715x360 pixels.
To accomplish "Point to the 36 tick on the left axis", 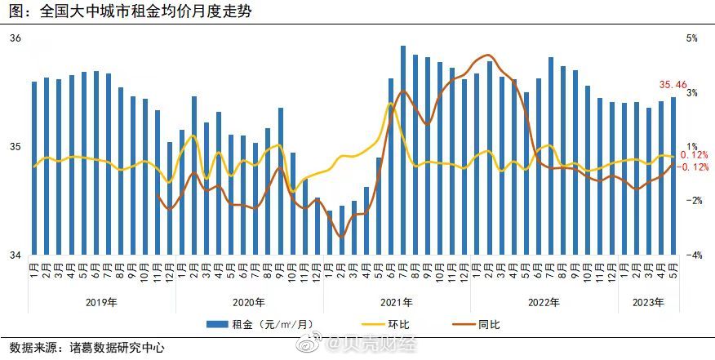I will (16, 38).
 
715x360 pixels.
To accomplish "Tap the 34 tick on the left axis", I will (16, 256).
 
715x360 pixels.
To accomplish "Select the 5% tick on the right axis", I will (691, 38).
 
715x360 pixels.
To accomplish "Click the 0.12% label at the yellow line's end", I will (694, 155).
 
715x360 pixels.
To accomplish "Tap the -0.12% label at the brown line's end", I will (692, 167).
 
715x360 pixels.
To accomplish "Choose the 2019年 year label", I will (101, 302).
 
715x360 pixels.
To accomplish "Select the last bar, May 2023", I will (673, 176).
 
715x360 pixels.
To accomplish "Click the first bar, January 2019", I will (34, 168).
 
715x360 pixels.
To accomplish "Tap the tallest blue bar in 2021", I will (403, 150).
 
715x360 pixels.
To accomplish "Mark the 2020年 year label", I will (249, 302).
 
